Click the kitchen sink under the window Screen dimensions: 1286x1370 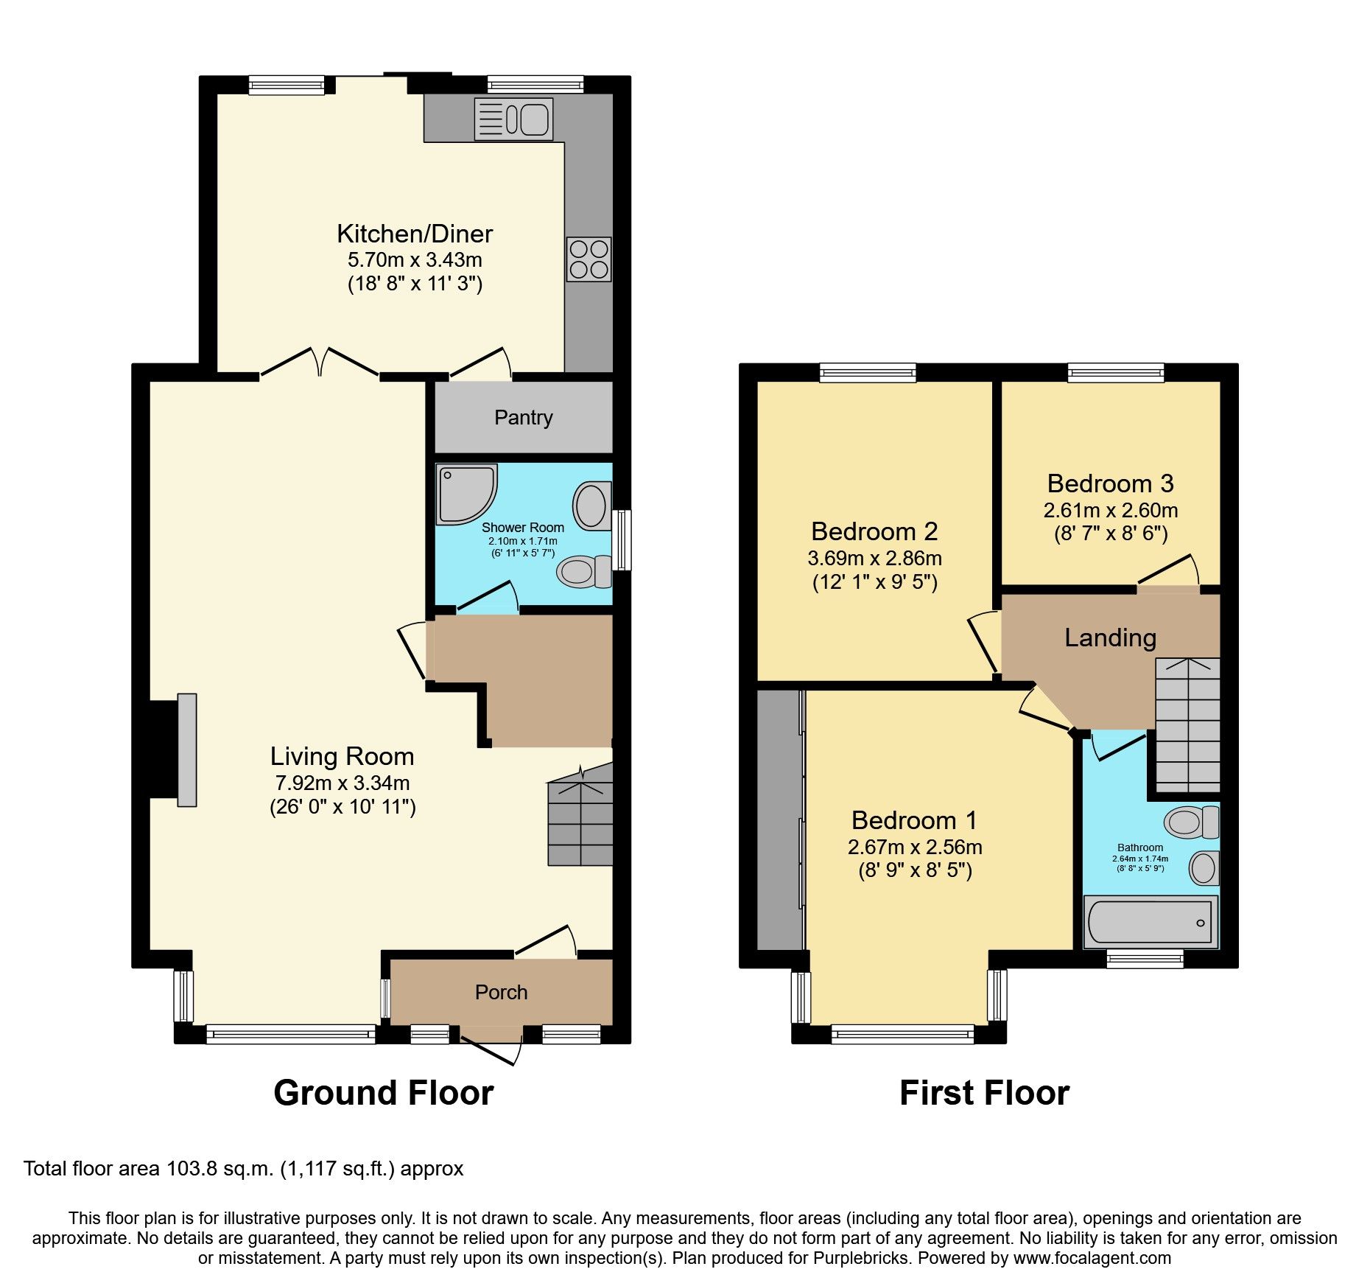[513, 119]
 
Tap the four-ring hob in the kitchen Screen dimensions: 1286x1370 [589, 259]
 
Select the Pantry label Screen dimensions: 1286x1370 [523, 418]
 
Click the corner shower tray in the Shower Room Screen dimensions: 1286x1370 [464, 492]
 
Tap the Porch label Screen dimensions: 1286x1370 [501, 993]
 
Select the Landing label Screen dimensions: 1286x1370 [1110, 638]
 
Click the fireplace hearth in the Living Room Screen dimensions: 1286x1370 [187, 749]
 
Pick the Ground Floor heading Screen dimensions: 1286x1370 [383, 1093]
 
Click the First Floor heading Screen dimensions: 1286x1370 [984, 1093]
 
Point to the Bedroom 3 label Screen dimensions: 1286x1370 [1110, 484]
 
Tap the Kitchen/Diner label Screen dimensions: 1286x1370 [415, 234]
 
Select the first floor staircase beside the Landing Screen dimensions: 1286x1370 [1187, 726]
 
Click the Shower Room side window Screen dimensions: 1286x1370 [622, 540]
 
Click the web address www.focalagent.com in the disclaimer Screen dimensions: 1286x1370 [1092, 1258]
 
